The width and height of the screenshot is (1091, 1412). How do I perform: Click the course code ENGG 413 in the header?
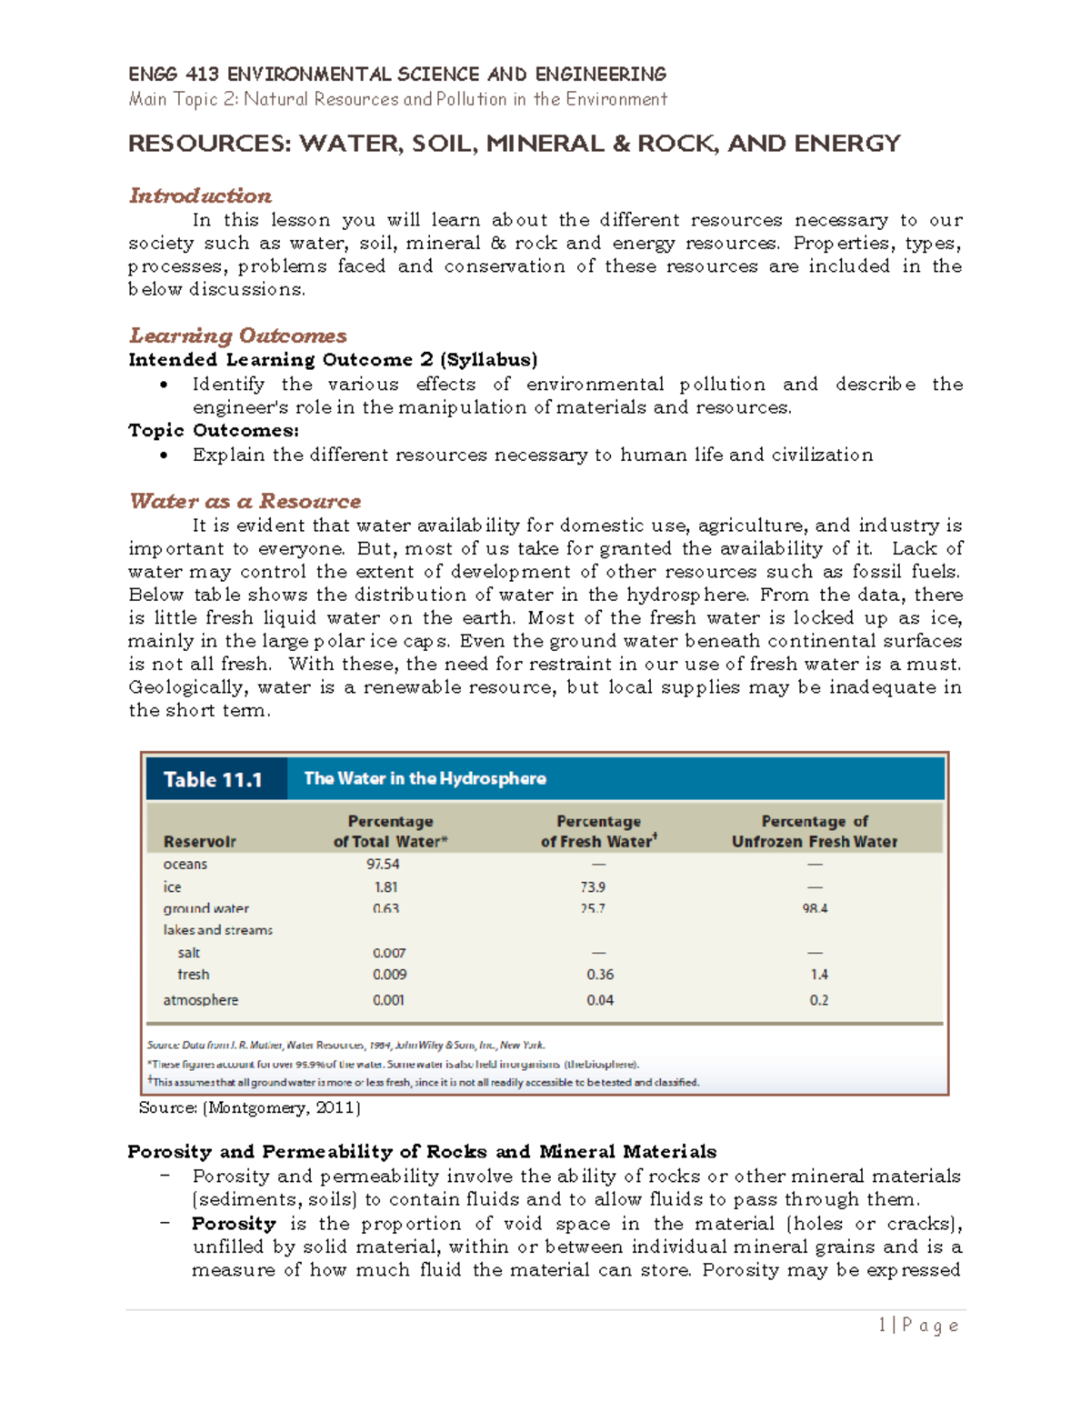coord(173,75)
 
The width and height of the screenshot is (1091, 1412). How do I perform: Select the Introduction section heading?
coord(200,195)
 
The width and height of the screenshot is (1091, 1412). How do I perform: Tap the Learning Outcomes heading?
coord(237,335)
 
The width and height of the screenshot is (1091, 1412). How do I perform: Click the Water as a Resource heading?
coord(245,501)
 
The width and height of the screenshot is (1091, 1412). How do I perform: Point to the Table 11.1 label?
coord(213,779)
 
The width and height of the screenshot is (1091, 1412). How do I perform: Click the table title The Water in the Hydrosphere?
coord(425,778)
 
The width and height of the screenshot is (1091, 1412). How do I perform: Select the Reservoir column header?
coord(199,842)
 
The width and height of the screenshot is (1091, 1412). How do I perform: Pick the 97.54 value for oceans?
coord(383,864)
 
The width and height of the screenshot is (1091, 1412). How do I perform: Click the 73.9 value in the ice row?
coord(593,886)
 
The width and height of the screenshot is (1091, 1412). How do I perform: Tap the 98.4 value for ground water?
coord(815,908)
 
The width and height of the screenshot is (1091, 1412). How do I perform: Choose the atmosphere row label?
coord(200,1000)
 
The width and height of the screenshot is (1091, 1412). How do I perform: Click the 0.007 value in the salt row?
coord(389,953)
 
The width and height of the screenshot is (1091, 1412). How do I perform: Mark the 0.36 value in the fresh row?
coord(600,975)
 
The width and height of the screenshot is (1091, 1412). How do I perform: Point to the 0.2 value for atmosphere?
coord(819,1000)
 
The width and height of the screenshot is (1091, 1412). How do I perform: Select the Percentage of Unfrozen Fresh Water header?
coord(815,831)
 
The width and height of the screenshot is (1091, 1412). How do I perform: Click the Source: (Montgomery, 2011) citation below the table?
coord(249,1107)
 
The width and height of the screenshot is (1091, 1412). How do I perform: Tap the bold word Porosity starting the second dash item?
coord(234,1224)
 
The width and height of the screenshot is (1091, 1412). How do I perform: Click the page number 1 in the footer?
coord(882,1326)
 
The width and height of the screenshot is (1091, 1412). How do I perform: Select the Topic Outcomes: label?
coord(214,431)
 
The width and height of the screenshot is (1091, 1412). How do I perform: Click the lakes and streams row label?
coord(217,930)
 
